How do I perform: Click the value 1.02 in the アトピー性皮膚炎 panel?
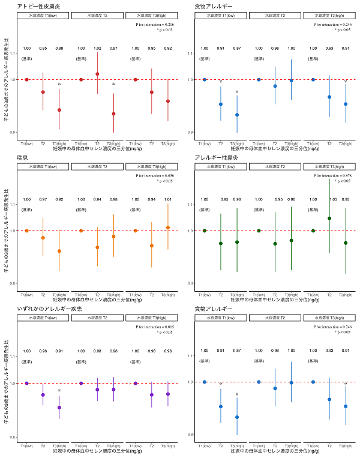97,48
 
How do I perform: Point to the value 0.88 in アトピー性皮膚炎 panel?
59,48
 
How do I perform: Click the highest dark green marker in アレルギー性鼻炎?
329,218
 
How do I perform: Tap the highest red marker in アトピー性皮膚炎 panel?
97,74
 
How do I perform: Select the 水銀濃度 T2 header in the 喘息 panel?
97,166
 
